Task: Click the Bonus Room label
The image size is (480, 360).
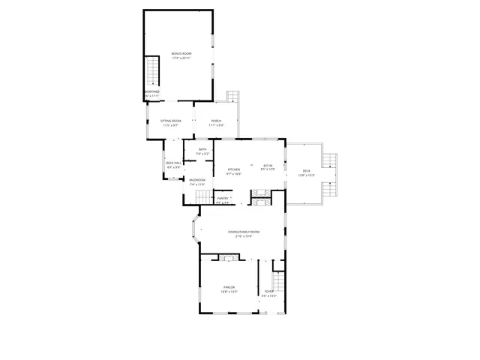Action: [181, 53]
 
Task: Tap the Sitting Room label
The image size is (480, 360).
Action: [170, 121]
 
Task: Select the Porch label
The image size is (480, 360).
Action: [215, 121]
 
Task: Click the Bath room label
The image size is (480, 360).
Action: [202, 150]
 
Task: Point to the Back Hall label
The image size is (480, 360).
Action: [173, 163]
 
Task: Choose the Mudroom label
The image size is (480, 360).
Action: [197, 180]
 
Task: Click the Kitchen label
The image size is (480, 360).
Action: [233, 169]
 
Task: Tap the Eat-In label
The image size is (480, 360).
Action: [268, 165]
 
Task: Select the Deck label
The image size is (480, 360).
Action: [306, 171]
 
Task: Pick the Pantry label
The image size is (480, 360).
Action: [223, 198]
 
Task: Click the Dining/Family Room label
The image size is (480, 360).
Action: [244, 232]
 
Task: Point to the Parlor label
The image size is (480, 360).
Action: [229, 288]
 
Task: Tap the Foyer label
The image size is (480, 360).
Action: [268, 291]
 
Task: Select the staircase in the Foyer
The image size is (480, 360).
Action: [278, 283]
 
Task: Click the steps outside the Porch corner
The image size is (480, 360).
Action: [232, 97]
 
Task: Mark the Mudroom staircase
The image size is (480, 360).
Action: [205, 196]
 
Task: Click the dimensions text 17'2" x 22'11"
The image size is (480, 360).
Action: [181, 58]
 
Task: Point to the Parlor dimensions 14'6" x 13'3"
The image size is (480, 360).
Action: [229, 292]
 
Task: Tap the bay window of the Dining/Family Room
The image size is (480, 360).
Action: [196, 232]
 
